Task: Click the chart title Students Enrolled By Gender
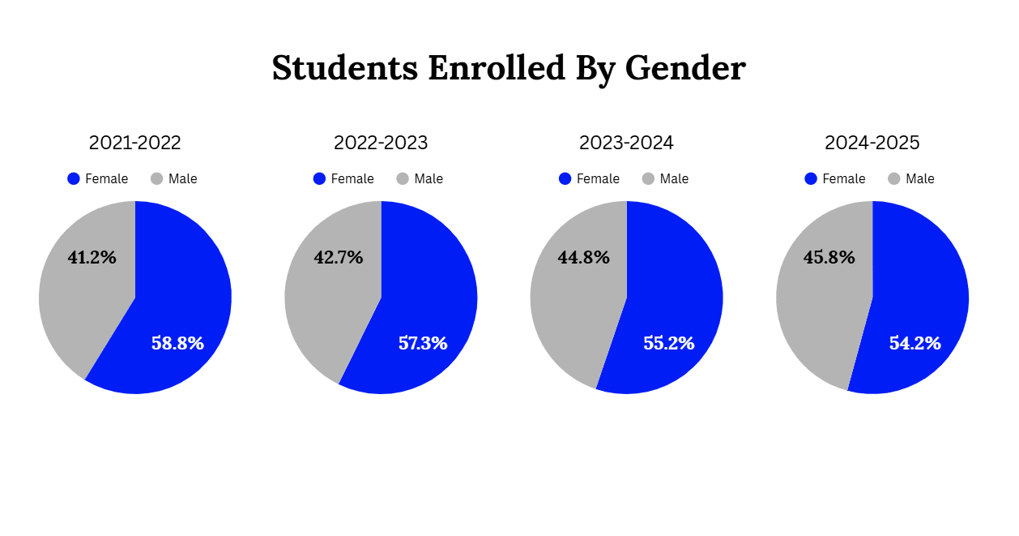508,68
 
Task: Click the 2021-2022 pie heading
134,144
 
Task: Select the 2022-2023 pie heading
381,144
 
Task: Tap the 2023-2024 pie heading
626,144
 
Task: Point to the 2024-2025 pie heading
872,144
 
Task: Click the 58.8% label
177,343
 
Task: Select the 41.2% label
92,258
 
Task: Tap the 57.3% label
423,343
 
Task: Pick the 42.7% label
338,258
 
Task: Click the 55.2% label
669,343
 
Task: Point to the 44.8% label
583,258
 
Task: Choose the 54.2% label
915,343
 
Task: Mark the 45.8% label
829,258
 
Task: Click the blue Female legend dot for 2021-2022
74,178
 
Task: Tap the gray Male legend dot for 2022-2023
403,178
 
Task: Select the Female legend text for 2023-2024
598,179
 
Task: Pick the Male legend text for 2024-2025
920,179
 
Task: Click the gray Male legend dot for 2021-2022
157,178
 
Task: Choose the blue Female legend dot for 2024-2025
811,178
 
